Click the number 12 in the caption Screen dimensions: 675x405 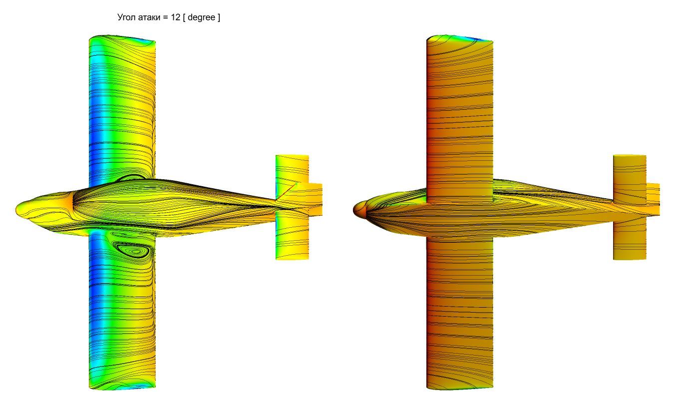pos(175,17)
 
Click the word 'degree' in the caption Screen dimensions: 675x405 pos(201,17)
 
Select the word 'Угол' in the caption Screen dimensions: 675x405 pos(127,17)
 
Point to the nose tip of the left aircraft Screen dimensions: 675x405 pos(16,209)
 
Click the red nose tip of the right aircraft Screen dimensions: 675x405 pos(354,210)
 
